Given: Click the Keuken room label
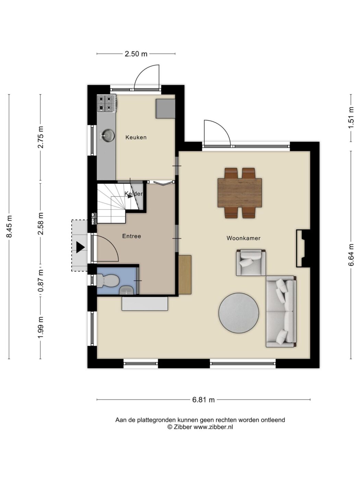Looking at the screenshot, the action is [x=136, y=137].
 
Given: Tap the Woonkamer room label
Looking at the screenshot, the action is [x=243, y=238].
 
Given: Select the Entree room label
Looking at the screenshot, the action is [x=132, y=236].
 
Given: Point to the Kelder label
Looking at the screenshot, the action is [x=134, y=193].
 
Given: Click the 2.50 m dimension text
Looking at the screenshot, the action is [x=136, y=54].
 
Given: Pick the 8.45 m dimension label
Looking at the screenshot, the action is [x=9, y=226].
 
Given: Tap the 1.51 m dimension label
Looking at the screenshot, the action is [x=351, y=118].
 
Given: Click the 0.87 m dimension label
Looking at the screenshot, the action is [x=40, y=281].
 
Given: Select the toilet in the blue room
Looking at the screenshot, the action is [x=108, y=280].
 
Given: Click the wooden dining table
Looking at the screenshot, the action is [x=240, y=193].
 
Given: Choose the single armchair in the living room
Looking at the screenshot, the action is [x=251, y=262].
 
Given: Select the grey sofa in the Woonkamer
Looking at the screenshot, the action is [x=281, y=311].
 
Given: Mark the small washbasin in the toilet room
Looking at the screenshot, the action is [x=127, y=290].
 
